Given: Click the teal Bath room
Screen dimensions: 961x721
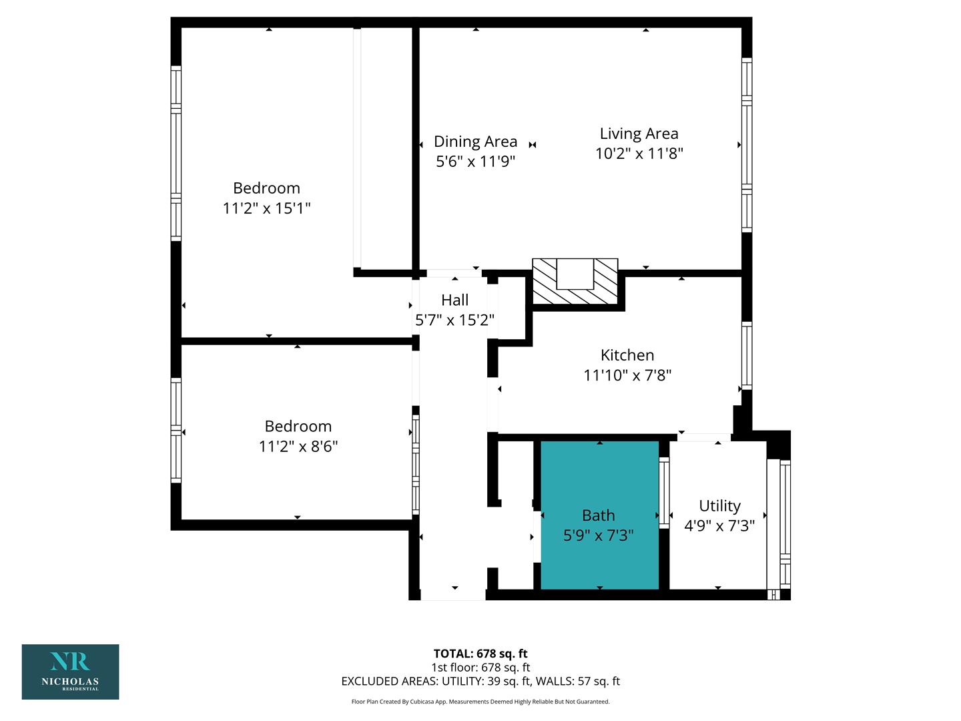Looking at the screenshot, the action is point(599,515).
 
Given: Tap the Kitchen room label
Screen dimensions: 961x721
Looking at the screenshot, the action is point(627,355).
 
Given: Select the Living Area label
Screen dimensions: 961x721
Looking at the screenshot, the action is point(639,134).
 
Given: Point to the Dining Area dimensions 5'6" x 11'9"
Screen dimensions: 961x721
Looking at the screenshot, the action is point(475,162).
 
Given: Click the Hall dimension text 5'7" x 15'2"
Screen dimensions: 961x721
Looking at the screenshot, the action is point(454,320).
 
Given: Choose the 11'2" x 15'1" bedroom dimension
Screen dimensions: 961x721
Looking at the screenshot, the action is point(267,208).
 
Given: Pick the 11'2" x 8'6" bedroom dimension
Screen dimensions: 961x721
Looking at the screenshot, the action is point(298,447).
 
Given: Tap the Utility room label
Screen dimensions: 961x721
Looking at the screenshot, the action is point(720,506).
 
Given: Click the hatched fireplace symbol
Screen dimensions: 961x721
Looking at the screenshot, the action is point(575,280).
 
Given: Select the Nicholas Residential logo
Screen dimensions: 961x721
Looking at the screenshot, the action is point(71,672).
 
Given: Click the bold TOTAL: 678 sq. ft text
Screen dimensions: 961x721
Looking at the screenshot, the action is point(480,654).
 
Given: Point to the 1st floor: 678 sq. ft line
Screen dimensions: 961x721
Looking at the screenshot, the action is point(480,668).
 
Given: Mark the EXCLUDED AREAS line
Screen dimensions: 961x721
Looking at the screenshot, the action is point(480,681).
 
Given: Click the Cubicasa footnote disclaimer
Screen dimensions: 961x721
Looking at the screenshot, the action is point(480,702).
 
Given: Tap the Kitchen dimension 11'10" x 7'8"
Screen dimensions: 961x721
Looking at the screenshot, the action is point(627,376).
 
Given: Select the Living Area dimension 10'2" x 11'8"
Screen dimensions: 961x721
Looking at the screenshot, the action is point(639,154).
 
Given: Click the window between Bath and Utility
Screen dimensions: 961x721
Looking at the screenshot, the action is point(664,493).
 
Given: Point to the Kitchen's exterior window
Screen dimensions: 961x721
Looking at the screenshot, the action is point(747,355).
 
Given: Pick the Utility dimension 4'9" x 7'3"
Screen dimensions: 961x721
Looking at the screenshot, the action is point(720,526).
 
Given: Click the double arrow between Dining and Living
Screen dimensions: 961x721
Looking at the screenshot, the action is point(533,144).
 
